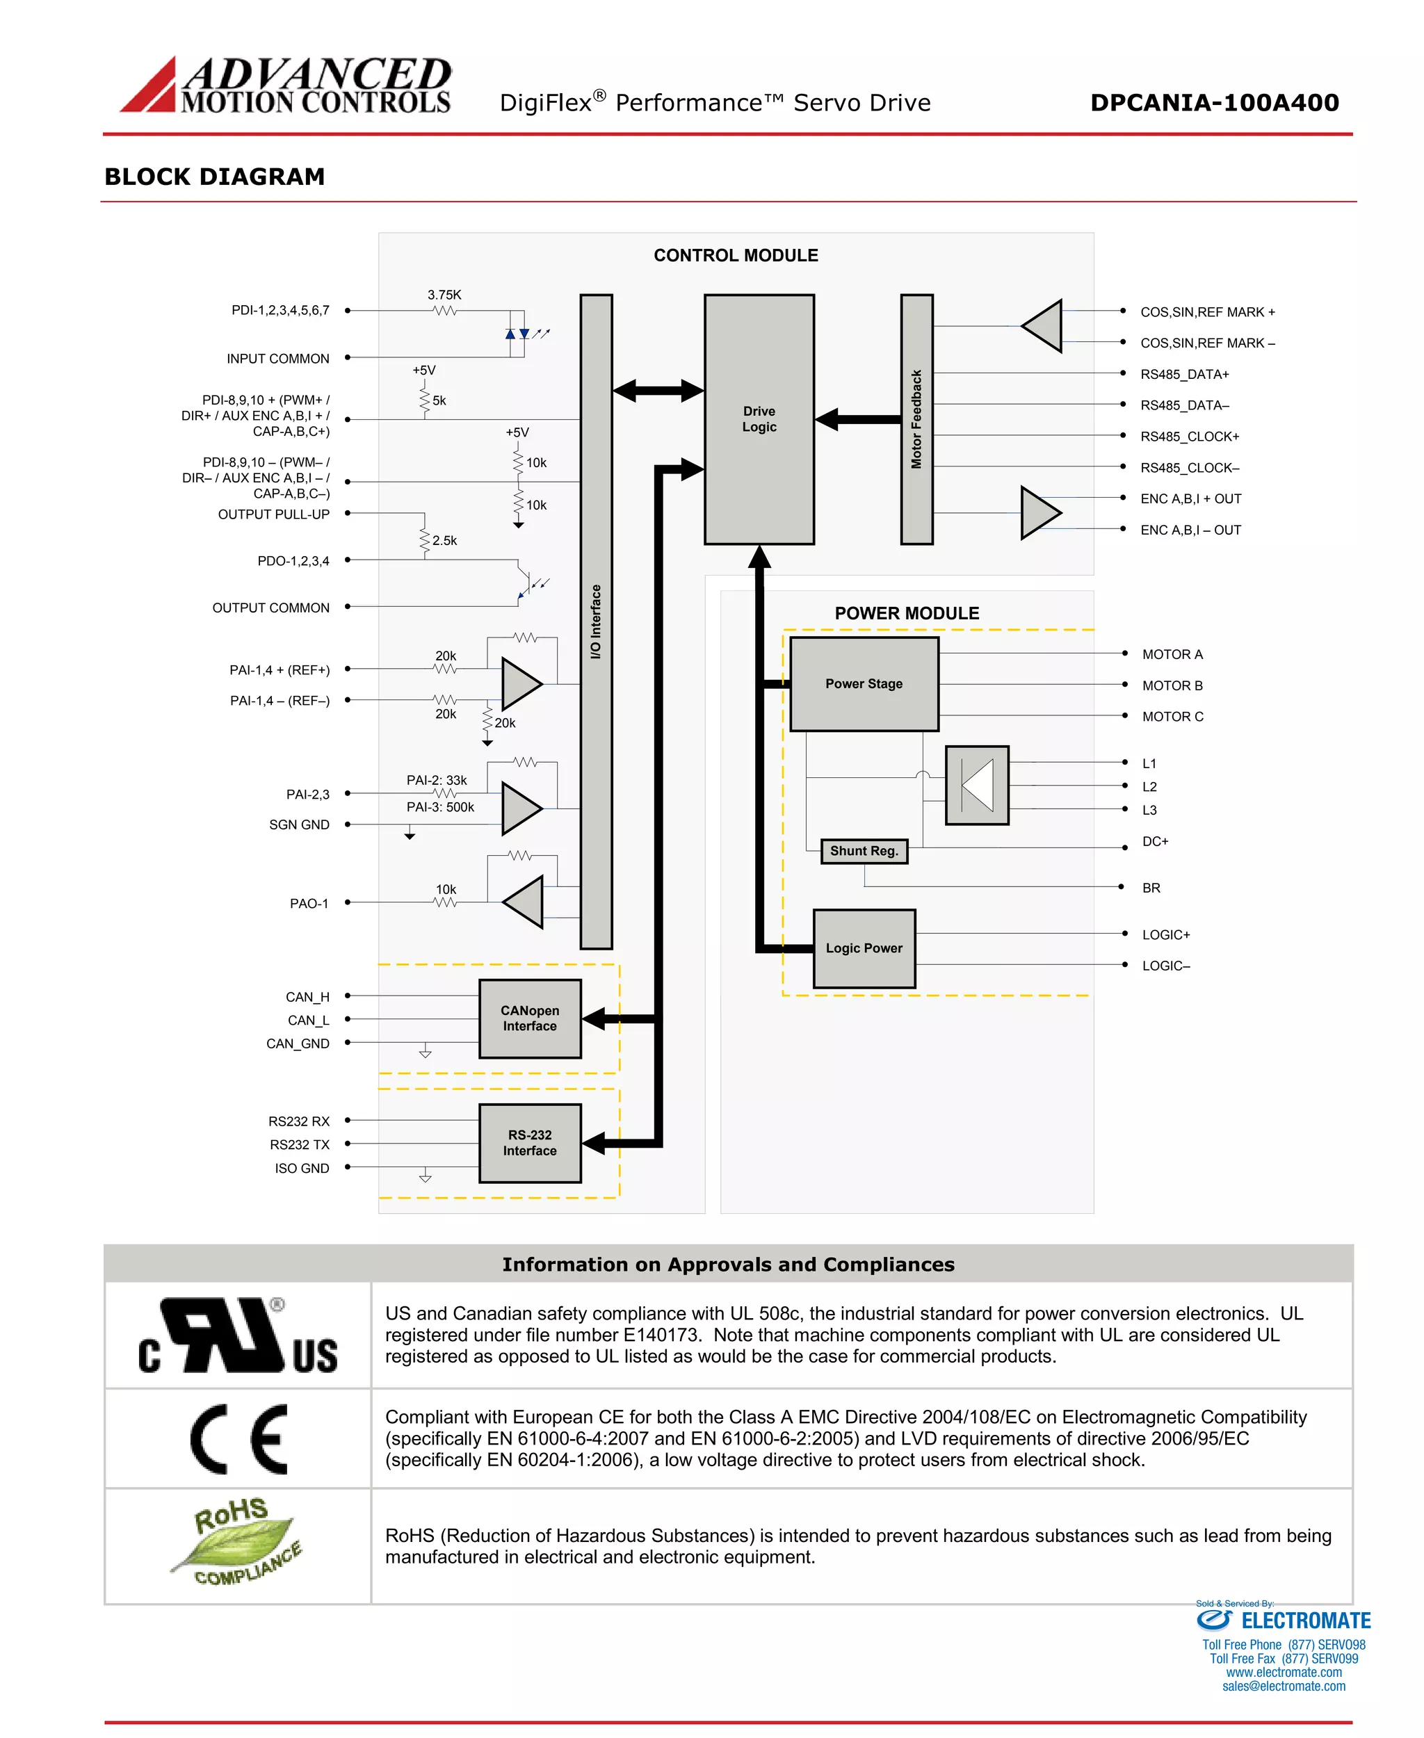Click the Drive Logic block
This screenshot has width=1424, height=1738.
(758, 419)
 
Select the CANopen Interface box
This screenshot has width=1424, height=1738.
(529, 1018)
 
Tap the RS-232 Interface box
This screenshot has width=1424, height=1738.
(529, 1142)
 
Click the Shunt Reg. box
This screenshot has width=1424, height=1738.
(863, 850)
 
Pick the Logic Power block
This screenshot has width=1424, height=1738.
(863, 948)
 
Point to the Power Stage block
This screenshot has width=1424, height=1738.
(863, 683)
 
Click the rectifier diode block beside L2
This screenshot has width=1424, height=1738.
(976, 785)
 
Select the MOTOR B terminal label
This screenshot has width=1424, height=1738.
(1172, 685)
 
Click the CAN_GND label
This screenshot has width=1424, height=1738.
(297, 1043)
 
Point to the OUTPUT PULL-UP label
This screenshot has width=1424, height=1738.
(273, 514)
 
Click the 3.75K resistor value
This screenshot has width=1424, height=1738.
(444, 295)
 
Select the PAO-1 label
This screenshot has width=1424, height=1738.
(309, 903)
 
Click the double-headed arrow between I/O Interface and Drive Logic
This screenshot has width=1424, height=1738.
(657, 391)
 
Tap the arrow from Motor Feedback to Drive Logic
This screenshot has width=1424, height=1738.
(857, 419)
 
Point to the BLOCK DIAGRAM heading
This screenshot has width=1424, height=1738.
(214, 177)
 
